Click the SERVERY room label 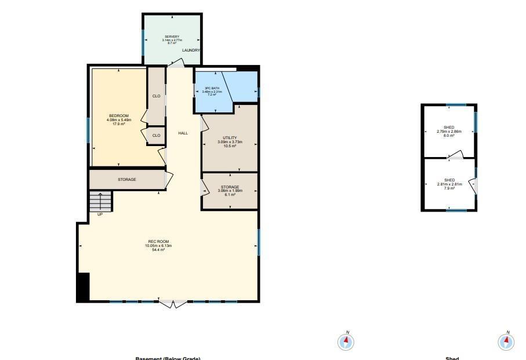pos(172,37)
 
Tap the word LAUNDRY pos(191,50)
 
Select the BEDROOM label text pos(119,116)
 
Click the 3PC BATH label pos(212,88)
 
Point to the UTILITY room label pos(230,138)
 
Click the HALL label pos(183,133)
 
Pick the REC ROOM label pos(158,242)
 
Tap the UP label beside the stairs pos(100,214)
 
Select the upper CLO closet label pos(156,96)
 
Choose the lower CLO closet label pos(156,136)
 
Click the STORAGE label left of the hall pos(127,180)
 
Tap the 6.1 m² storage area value pos(230,195)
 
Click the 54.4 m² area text pos(158,250)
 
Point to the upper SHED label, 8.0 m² pos(449,128)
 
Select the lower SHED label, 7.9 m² pos(449,180)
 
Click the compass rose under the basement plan pos(346,341)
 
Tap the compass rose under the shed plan pos(506,341)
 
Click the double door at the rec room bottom pos(174,303)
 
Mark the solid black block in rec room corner pos(84,287)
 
